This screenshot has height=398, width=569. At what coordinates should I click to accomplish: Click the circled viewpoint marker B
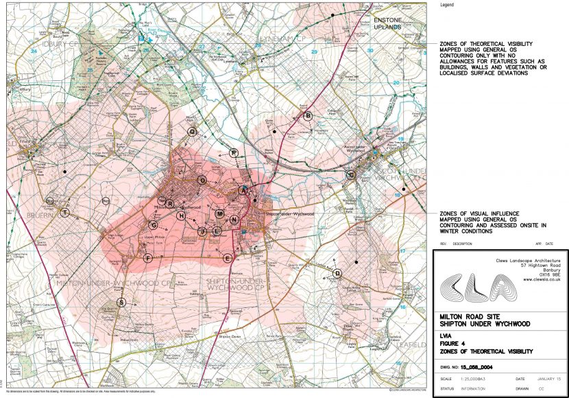pos(308,116)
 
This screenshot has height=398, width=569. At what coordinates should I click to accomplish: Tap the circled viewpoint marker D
pos(337,273)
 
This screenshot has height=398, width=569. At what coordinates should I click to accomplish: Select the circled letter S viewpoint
pos(122,302)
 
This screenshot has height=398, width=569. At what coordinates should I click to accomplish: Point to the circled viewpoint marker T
pos(64,213)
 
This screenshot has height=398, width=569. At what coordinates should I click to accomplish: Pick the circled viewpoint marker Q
pos(192,131)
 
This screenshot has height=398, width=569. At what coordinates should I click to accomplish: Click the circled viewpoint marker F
pos(147,258)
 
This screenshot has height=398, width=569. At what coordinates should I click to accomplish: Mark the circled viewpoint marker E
pos(227,258)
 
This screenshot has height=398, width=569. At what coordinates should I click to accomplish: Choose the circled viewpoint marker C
pos(351,175)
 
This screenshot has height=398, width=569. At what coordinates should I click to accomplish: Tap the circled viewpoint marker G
pos(154,224)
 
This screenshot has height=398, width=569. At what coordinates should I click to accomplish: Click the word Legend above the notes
pos(448,4)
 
